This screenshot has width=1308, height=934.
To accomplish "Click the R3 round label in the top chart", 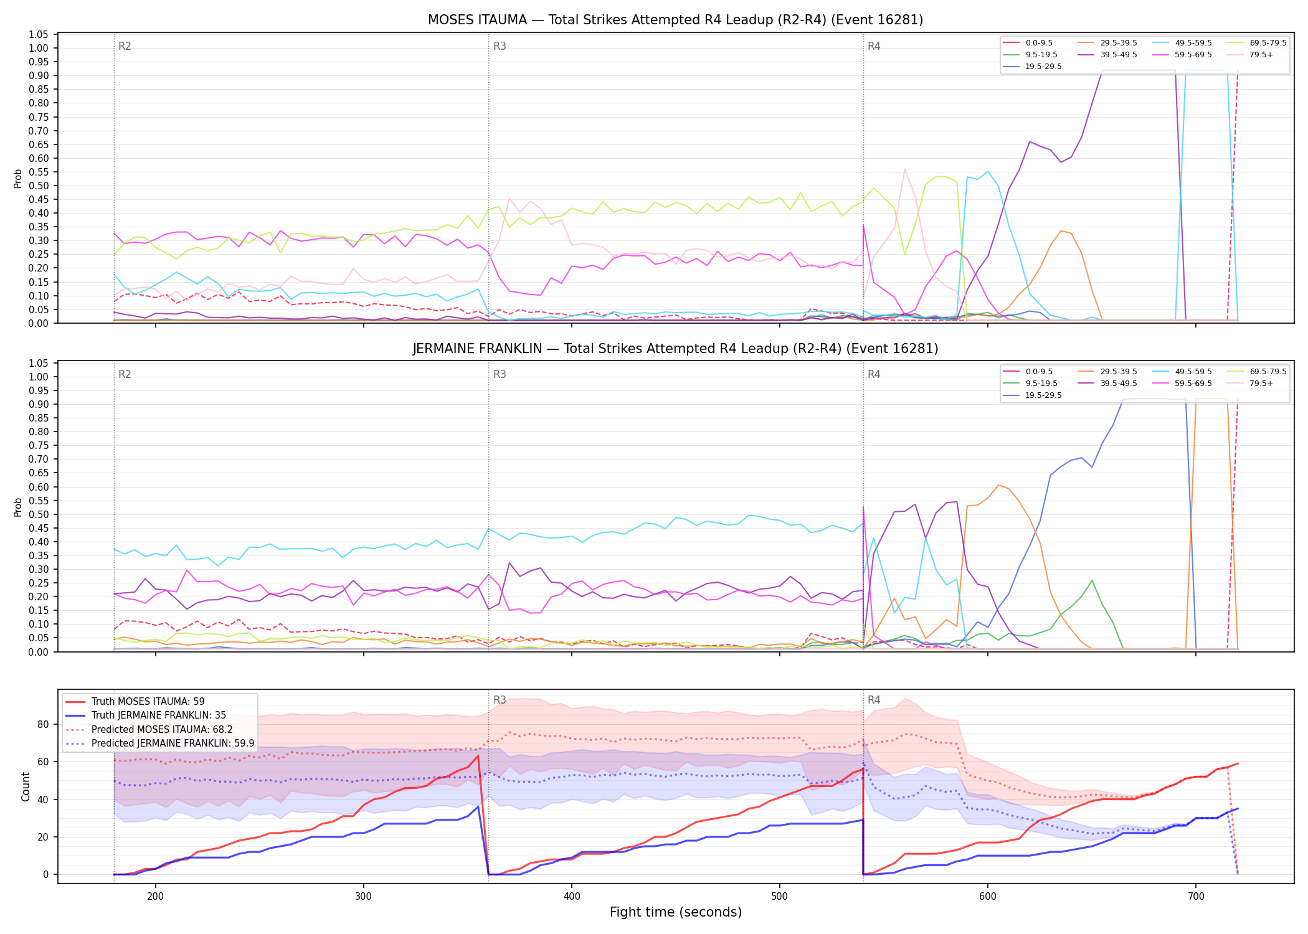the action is pos(500,46).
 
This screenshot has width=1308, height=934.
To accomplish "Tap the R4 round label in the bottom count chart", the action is pos(874,700).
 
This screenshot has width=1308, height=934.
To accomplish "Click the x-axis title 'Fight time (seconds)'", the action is pos(676,912).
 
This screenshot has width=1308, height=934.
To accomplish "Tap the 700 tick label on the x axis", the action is pos(1195,895).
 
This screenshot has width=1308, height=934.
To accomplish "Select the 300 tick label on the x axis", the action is pos(363,895).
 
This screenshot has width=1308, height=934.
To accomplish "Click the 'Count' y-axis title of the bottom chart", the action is pos(26,786).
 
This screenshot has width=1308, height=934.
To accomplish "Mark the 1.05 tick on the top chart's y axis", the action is pos(39,34).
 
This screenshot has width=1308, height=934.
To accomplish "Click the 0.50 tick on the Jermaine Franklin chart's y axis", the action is pos(39,514).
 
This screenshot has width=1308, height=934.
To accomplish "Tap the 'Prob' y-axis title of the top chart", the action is pos(18,179).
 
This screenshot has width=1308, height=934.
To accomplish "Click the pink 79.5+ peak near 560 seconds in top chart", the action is pos(904,169).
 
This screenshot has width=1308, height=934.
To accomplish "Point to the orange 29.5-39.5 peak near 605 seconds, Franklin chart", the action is pos(998,485).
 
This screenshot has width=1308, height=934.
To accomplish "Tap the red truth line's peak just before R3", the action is pos(478,756).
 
